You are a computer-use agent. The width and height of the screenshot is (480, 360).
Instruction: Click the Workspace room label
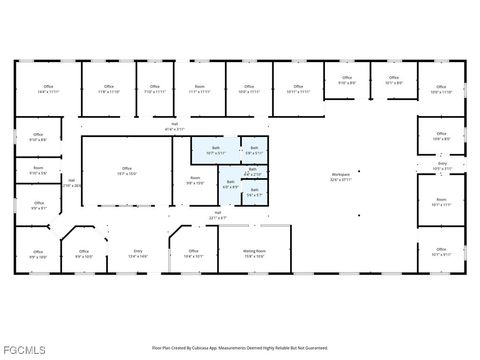tap(341, 176)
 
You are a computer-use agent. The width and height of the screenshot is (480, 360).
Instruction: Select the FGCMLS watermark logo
tap(24, 349)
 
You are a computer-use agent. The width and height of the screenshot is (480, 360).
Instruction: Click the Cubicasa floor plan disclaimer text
tap(239, 347)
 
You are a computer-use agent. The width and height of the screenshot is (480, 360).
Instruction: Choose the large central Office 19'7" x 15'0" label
tap(127, 170)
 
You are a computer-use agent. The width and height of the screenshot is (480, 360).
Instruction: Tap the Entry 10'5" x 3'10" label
tap(442, 167)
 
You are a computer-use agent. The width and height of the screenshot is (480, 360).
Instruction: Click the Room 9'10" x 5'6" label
tap(38, 171)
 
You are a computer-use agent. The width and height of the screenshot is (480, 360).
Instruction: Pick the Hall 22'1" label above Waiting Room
tap(217, 215)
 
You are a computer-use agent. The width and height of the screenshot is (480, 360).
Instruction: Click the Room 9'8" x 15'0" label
tap(195, 181)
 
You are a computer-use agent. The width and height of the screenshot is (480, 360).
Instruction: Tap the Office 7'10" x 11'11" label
tap(154, 89)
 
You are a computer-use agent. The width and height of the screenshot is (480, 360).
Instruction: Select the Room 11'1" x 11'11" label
tap(199, 89)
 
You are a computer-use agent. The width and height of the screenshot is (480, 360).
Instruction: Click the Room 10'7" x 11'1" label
tap(441, 202)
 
